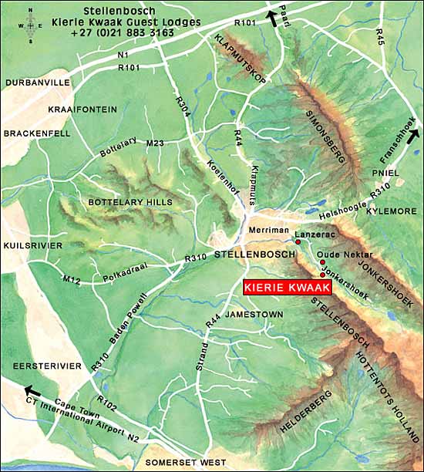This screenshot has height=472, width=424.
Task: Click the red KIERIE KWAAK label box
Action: (x=288, y=288)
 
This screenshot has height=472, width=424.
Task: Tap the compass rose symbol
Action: (x=30, y=25)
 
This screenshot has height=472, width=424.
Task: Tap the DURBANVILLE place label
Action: (x=38, y=82)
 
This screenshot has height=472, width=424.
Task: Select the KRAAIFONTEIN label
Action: (x=82, y=110)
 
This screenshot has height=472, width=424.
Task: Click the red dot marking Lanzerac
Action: (x=298, y=242)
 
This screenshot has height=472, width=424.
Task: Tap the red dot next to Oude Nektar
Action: (x=321, y=262)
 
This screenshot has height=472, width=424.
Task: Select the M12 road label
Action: (x=72, y=279)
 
